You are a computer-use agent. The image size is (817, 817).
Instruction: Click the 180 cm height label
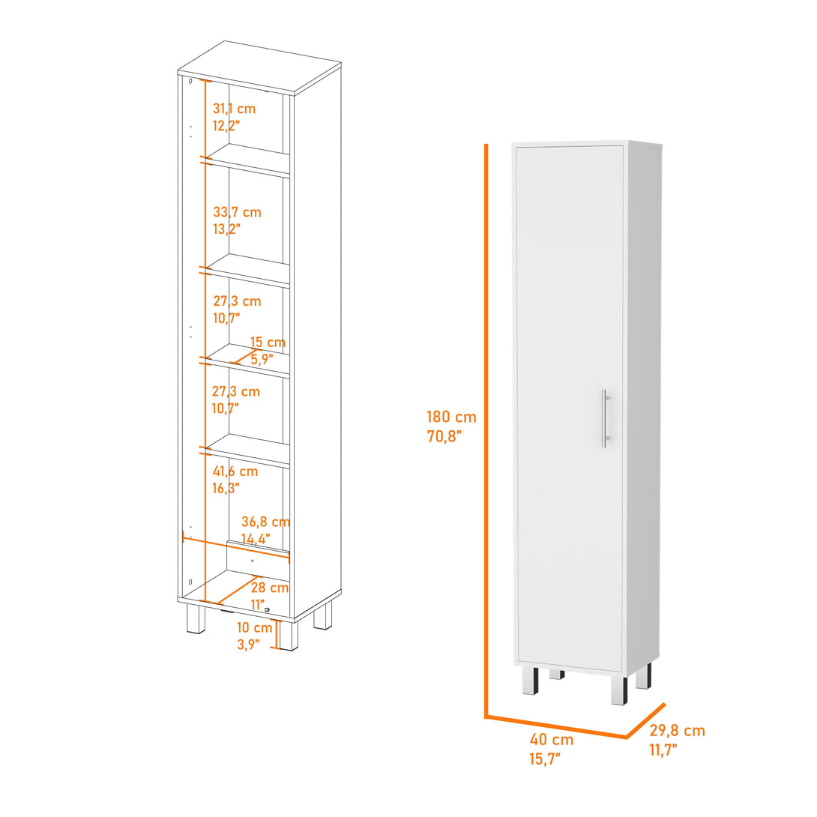pyautogui.click(x=451, y=417)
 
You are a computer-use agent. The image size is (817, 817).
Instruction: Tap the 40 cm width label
pyautogui.click(x=552, y=740)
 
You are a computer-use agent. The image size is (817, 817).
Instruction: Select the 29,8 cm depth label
pyautogui.click(x=677, y=731)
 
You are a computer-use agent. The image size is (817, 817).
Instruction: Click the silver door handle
pyautogui.click(x=604, y=418)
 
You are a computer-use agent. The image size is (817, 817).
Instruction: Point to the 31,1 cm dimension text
pyautogui.click(x=234, y=109)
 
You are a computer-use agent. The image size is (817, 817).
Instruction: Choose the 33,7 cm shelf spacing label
pyautogui.click(x=237, y=213)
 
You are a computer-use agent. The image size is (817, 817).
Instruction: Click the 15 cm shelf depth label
pyautogui.click(x=268, y=343)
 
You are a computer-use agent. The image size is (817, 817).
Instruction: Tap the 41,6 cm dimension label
pyautogui.click(x=235, y=471)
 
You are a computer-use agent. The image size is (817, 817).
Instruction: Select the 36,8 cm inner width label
pyautogui.click(x=265, y=522)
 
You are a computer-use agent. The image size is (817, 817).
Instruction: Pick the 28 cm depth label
pyautogui.click(x=270, y=588)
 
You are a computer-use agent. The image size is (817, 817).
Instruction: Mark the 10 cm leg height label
pyautogui.click(x=255, y=627)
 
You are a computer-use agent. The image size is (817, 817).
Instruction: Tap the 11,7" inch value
pyautogui.click(x=663, y=748)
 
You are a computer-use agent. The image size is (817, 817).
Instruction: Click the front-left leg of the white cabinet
pyautogui.click(x=530, y=681)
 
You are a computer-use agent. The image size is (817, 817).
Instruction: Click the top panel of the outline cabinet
pyautogui.click(x=259, y=67)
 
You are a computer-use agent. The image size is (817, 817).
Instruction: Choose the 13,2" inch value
pyautogui.click(x=226, y=230)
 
